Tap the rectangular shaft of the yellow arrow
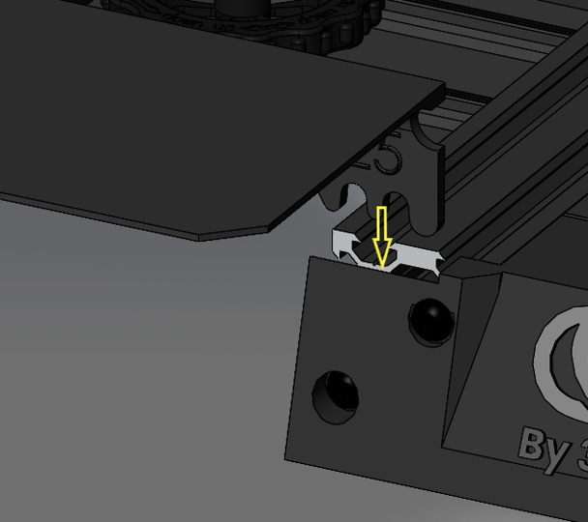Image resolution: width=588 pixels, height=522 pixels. point(381,224)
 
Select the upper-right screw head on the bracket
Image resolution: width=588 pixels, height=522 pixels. point(428,318)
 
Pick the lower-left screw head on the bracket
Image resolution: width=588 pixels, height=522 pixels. point(335,394)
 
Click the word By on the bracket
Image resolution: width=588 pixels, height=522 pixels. point(541,445)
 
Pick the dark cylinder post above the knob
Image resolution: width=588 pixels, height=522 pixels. point(237,4)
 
